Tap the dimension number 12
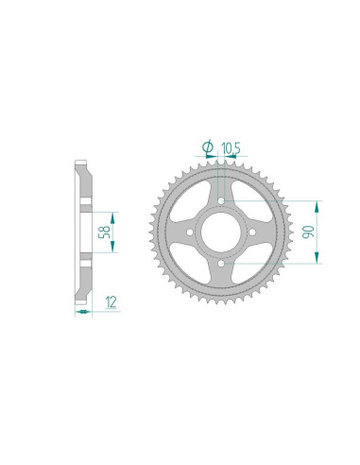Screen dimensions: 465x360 111,302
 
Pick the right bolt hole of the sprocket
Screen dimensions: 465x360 252,232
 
